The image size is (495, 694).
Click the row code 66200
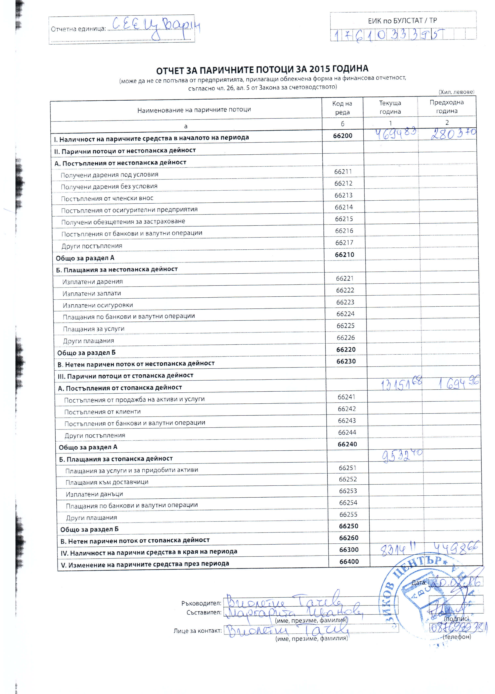342,136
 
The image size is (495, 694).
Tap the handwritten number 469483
395,134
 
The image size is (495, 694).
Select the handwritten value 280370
453,133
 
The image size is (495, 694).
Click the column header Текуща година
390,107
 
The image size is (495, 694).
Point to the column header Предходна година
447,107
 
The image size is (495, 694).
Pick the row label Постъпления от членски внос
107,199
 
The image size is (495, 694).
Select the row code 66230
346,361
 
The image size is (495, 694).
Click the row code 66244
347,432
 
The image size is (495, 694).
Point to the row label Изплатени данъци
94,494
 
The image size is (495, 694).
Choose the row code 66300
349,550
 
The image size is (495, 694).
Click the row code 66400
349,561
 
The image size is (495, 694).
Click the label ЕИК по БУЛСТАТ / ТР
402,21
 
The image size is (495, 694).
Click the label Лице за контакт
197,631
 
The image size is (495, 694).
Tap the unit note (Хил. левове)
456,92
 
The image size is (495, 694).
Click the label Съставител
204,612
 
